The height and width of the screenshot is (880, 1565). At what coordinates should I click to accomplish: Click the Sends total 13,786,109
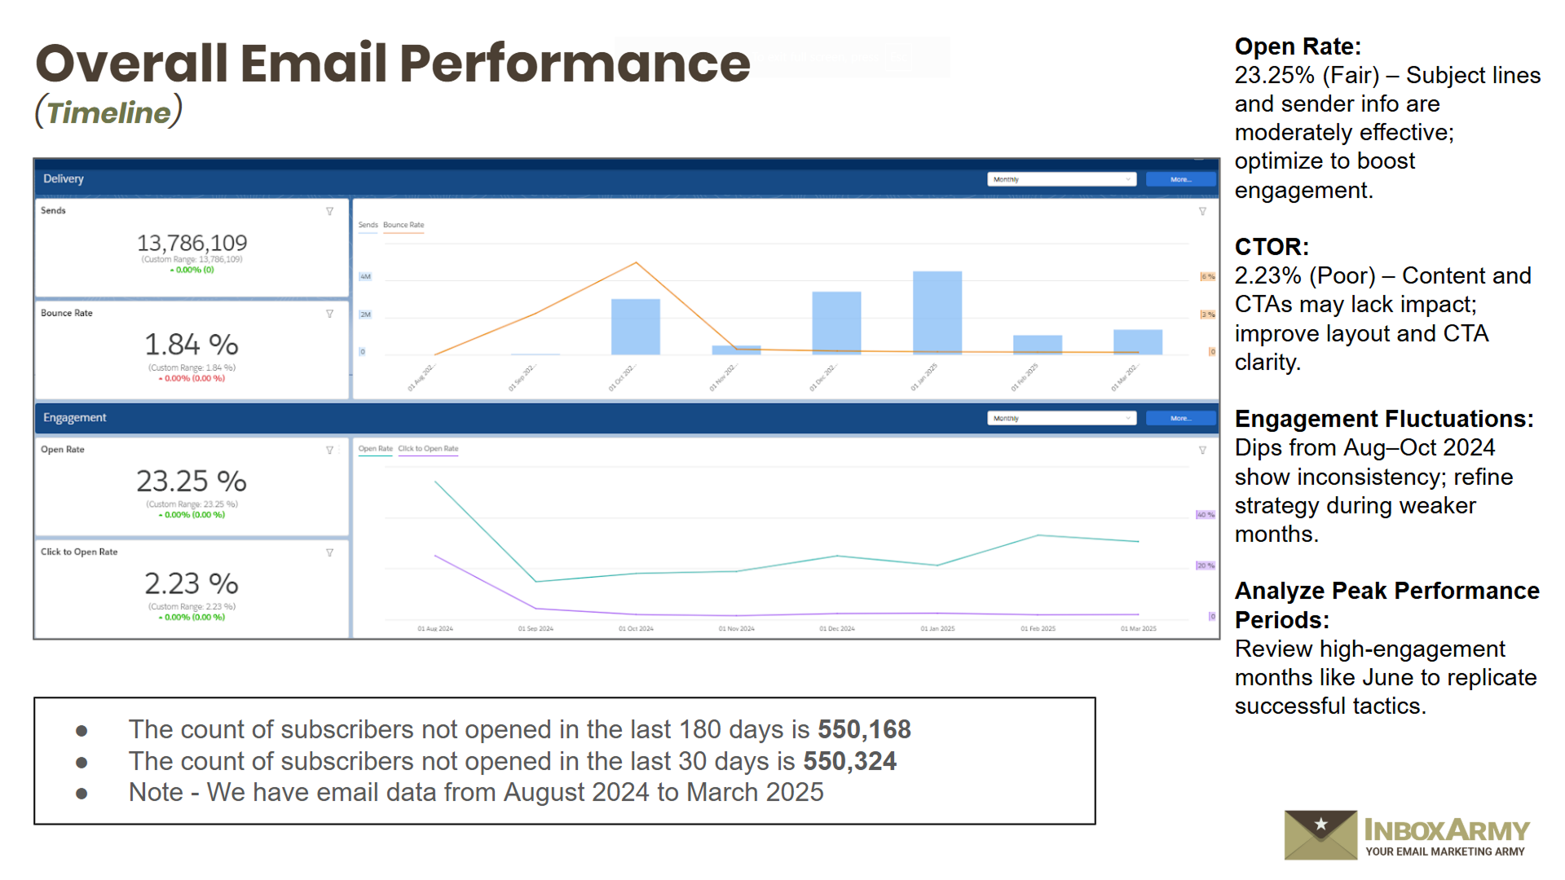point(192,243)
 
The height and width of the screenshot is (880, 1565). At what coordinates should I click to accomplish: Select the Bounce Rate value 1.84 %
point(192,345)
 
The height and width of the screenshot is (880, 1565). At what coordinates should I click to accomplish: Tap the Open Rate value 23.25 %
point(192,481)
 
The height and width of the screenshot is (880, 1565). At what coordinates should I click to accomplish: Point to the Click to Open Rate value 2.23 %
point(192,583)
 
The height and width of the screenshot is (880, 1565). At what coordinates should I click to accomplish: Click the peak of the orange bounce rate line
point(636,262)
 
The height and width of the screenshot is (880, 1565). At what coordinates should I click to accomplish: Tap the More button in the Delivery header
point(1180,179)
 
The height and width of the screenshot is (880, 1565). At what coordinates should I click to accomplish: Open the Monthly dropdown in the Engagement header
point(1061,418)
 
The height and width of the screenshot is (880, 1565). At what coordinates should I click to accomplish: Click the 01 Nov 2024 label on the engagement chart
point(736,629)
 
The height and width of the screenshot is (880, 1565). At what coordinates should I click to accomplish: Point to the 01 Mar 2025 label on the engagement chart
point(1138,629)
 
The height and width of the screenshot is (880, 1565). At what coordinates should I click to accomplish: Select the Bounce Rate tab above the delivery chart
point(403,225)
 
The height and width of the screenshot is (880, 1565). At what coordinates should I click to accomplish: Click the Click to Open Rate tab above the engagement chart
point(428,449)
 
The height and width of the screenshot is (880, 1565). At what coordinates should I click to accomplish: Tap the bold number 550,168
point(864,729)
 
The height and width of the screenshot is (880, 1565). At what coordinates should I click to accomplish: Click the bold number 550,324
point(849,761)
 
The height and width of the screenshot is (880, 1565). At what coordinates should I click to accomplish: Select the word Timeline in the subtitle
point(108,112)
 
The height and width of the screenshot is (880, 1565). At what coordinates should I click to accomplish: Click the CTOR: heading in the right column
point(1272,247)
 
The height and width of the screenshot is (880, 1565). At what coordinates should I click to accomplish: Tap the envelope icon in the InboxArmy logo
point(1320,834)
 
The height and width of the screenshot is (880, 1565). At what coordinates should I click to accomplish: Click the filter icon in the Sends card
point(330,211)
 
